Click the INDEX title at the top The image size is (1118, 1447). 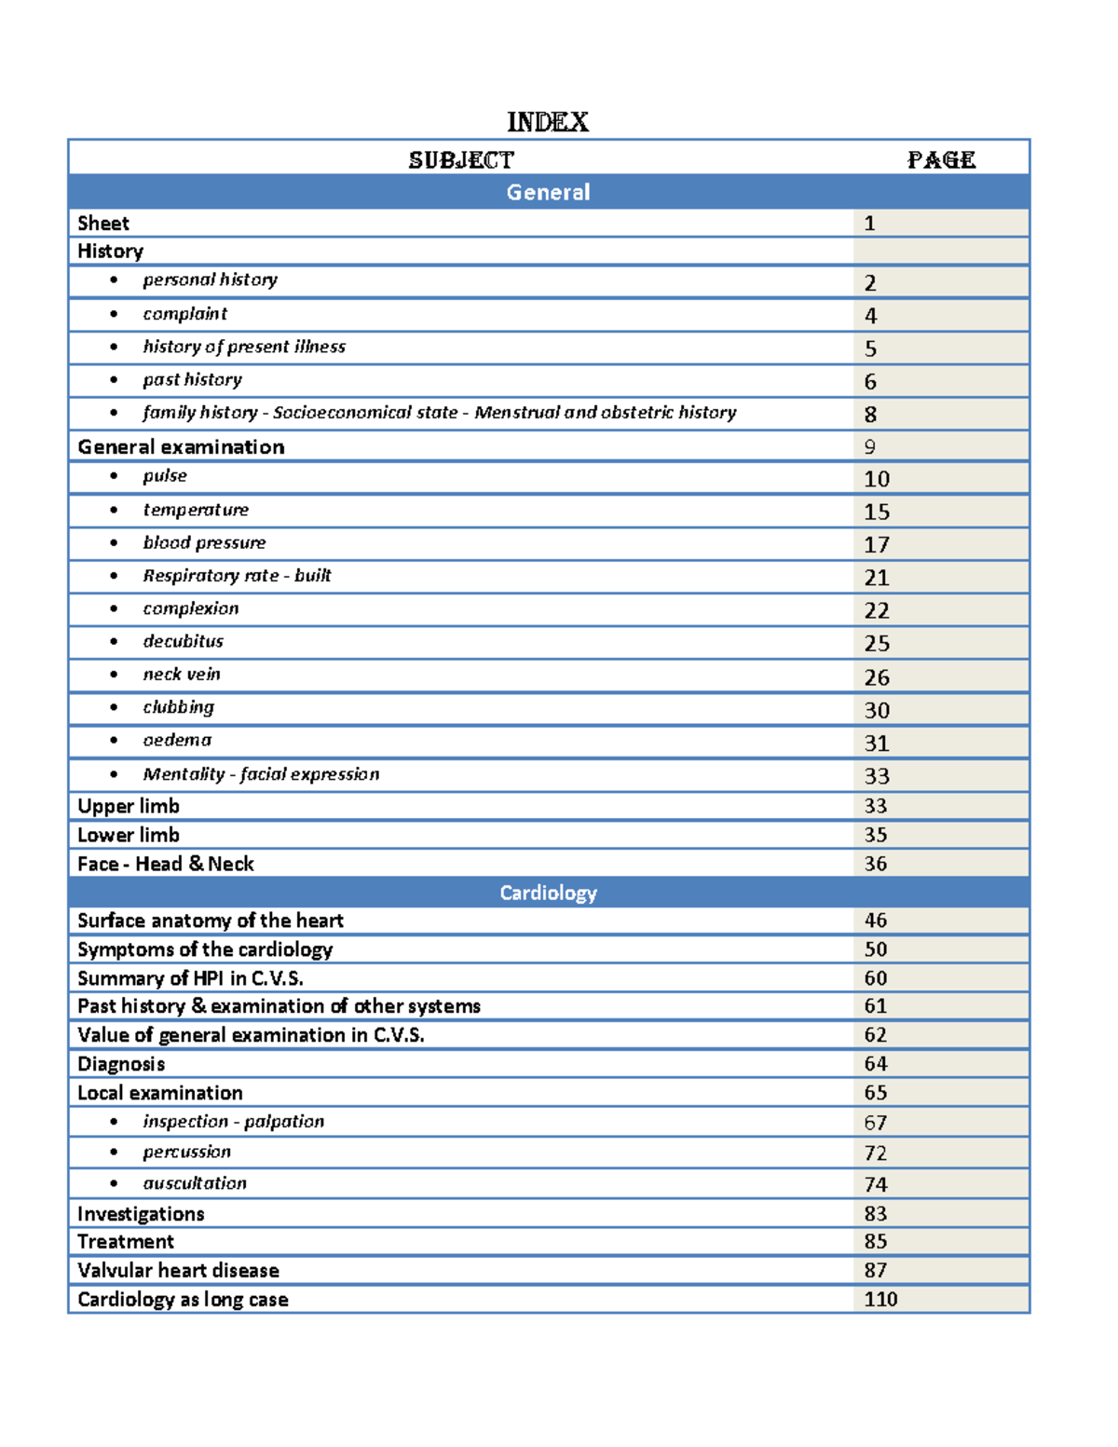(548, 122)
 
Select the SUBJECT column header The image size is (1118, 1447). (461, 160)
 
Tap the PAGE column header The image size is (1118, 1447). (941, 160)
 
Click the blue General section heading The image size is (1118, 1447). (548, 192)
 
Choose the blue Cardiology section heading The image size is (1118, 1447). (548, 893)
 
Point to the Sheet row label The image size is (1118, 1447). (103, 224)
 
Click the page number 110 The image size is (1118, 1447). (880, 1299)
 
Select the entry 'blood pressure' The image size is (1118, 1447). (204, 542)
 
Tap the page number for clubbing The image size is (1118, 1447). (877, 710)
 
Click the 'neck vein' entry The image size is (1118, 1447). (182, 674)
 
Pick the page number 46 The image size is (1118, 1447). (875, 921)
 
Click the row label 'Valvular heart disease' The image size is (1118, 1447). (178, 1270)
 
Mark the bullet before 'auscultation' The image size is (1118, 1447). (114, 1183)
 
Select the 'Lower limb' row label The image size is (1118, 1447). (129, 835)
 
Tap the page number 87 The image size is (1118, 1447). (875, 1270)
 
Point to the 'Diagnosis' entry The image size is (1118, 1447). (121, 1064)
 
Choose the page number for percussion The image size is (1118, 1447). (875, 1153)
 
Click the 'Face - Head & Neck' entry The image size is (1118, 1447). (166, 864)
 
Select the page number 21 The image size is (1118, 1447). (876, 578)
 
